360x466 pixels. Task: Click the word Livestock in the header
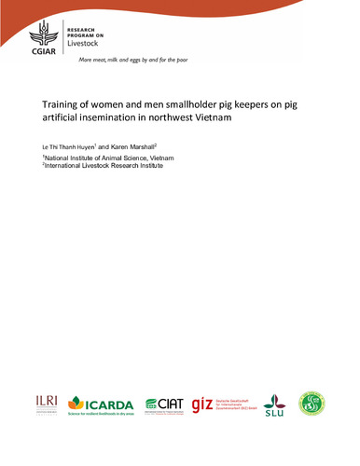point(86,43)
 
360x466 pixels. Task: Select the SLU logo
point(274,404)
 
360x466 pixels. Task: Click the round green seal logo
point(312,403)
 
